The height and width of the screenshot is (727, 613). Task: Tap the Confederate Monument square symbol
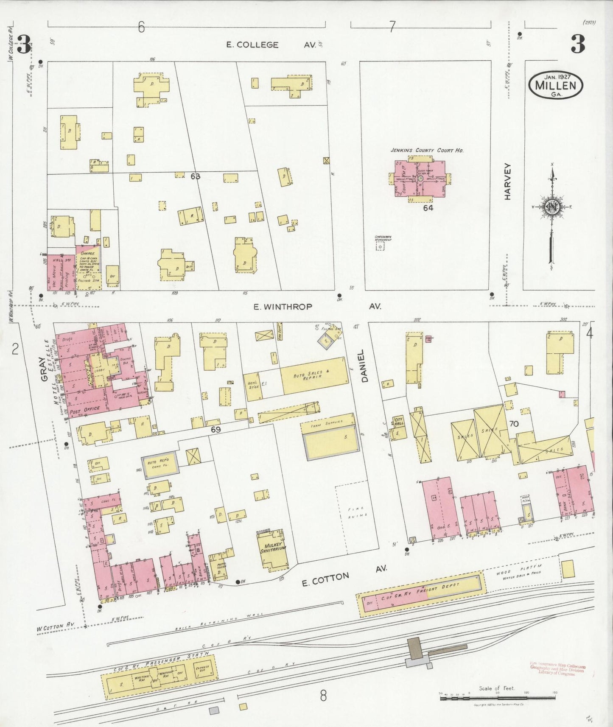pos(381,246)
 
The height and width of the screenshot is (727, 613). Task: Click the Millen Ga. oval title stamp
pos(555,87)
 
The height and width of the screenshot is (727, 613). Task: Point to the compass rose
pos(551,207)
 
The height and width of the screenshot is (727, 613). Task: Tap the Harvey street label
pos(509,182)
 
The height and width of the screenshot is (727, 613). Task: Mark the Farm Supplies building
pos(330,437)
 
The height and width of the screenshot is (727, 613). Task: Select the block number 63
pos(195,176)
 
